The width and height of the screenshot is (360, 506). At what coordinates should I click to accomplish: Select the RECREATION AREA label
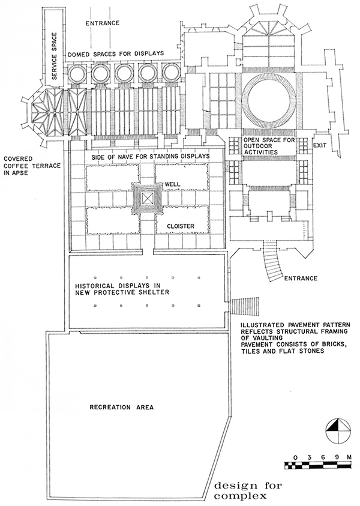click(122, 408)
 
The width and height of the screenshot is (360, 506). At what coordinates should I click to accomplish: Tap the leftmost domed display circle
click(78, 74)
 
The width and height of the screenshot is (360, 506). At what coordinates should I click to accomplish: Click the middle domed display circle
click(125, 74)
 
